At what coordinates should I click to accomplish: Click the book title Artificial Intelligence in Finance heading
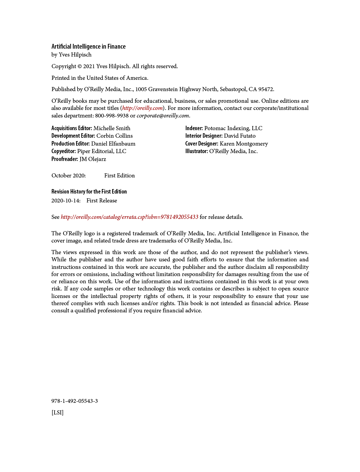click(x=88, y=47)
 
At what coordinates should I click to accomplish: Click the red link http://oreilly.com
click(x=142, y=108)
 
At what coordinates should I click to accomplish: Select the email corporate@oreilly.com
click(x=163, y=116)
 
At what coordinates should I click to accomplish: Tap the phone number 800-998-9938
click(x=112, y=116)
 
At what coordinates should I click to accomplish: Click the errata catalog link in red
click(x=129, y=217)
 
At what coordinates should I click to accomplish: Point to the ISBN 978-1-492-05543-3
click(x=74, y=401)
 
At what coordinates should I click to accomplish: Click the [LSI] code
click(x=57, y=413)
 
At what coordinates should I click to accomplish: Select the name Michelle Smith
click(x=112, y=128)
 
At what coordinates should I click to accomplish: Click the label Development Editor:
click(x=73, y=136)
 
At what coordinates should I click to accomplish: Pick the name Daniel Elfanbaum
click(x=113, y=144)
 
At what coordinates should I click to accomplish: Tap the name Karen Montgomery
click(x=244, y=144)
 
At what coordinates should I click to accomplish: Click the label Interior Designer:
click(x=204, y=136)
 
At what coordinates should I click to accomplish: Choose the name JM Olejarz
click(x=93, y=159)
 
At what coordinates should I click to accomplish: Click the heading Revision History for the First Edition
click(x=89, y=192)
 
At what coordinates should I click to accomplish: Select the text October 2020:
click(x=69, y=176)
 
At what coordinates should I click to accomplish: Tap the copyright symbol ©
click(x=80, y=66)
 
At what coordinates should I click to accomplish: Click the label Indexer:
click(x=194, y=128)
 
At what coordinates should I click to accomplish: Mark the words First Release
click(x=101, y=201)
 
